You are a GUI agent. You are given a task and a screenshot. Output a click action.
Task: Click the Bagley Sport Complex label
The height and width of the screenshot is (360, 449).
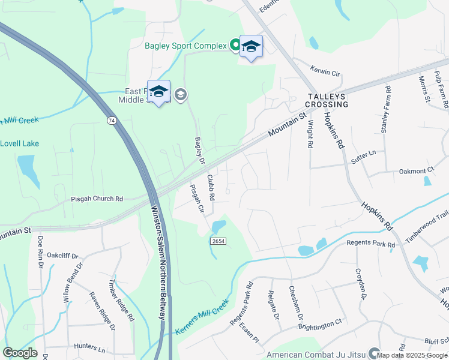[x=185, y=46]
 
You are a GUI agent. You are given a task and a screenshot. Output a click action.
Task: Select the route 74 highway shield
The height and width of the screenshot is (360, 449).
[x=111, y=121]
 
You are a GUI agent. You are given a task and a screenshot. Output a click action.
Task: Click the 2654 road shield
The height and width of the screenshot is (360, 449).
[x=218, y=241]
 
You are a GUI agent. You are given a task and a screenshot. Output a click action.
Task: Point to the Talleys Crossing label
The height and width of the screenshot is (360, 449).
[x=328, y=100]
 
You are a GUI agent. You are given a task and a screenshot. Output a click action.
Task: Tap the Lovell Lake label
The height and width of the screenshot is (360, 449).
[x=19, y=143]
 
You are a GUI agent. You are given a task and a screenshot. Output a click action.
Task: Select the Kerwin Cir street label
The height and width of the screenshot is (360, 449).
[x=325, y=71]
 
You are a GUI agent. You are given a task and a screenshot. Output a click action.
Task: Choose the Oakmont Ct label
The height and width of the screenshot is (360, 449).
[x=416, y=171]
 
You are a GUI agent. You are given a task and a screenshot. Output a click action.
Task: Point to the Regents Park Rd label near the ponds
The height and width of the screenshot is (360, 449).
[x=371, y=245]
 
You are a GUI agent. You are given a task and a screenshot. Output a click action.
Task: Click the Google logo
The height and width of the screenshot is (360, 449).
[x=20, y=353]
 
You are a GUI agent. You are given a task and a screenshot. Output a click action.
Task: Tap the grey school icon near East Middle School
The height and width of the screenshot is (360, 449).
[x=180, y=94]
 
